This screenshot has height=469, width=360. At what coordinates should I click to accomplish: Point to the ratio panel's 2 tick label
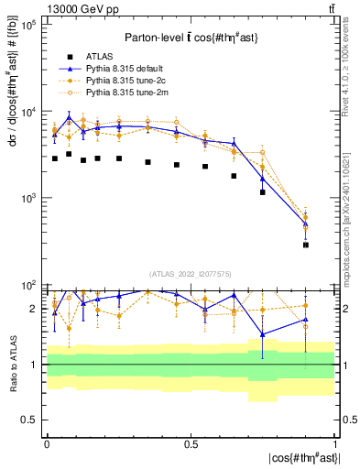pos(32,309)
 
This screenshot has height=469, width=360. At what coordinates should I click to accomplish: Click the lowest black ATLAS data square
pos(306,245)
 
